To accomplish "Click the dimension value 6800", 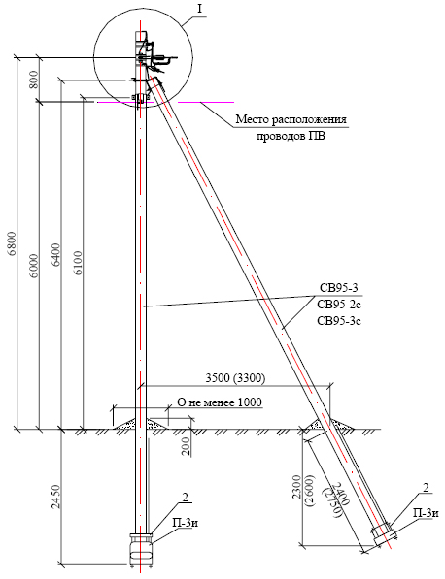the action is point(13,243).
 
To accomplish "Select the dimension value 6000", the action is point(34,266).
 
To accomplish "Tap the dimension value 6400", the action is point(56,255).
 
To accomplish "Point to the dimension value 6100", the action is point(79,263).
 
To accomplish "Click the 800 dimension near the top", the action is point(34,79).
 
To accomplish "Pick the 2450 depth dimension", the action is point(56,497).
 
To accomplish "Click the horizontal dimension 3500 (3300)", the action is point(235,379).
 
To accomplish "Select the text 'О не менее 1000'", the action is point(220,402).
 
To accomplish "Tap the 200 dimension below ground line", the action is point(188,446).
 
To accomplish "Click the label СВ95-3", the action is point(338,288).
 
